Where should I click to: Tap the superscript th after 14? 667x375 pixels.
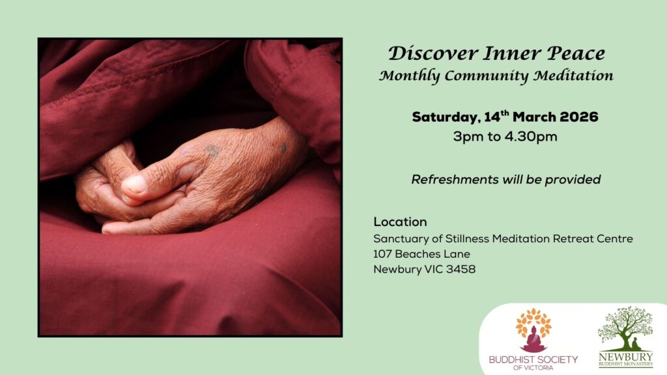(505, 113)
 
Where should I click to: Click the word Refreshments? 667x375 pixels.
(455, 180)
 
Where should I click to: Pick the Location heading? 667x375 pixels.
(400, 222)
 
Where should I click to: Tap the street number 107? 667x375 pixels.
(382, 254)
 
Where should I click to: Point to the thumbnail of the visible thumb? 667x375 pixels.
(135, 184)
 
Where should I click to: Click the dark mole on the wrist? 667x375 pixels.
(283, 148)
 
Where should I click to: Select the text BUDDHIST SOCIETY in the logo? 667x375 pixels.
(533, 359)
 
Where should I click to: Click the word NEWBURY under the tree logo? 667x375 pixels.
(625, 357)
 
